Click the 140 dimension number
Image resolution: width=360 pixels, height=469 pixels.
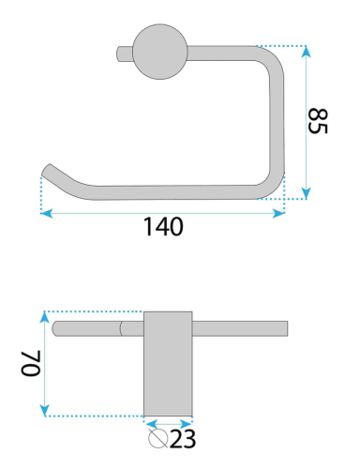tap(163, 227)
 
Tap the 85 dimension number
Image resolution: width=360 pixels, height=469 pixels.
tap(318, 121)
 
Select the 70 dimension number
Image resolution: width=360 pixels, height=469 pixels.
tap(31, 363)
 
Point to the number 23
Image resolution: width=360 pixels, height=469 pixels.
tap(184, 439)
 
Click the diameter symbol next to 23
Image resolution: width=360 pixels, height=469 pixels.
tap(158, 438)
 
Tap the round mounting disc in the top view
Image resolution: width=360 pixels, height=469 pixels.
tap(160, 52)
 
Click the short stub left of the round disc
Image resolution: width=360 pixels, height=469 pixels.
tap(125, 53)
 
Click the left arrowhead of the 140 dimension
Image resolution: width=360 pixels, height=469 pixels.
tap(46, 213)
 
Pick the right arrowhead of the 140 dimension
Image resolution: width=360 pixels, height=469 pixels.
tap(278, 213)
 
